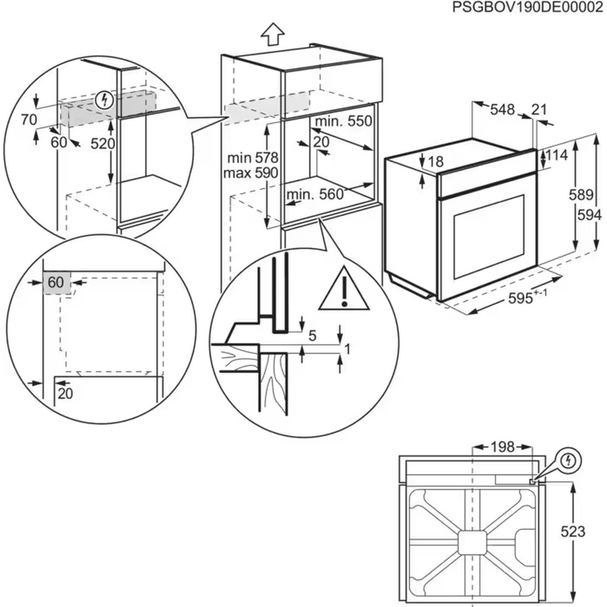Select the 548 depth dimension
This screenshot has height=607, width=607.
tap(502, 110)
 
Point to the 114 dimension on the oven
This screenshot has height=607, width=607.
tap(556, 155)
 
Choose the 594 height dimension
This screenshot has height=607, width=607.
tap(589, 215)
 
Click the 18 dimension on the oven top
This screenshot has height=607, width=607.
tap(435, 161)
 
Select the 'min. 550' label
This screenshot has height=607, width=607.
tap(344, 121)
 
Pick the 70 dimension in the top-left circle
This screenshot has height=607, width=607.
tap(29, 120)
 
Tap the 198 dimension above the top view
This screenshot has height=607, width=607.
tap(502, 447)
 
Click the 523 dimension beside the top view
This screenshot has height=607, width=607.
tap(572, 532)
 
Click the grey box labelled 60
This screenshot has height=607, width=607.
tap(56, 282)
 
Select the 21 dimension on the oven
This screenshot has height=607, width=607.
tap(539, 110)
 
